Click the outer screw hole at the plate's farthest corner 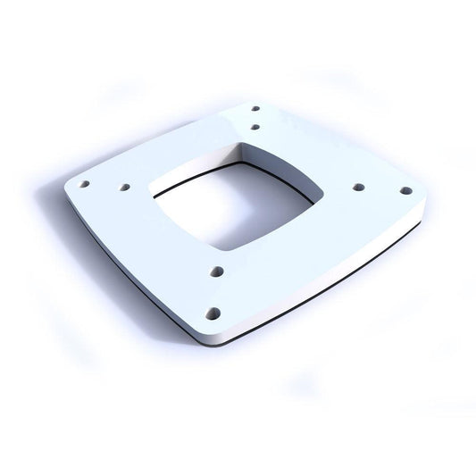tap(255, 110)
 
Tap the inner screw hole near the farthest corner tap(255, 127)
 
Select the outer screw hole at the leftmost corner tap(85, 186)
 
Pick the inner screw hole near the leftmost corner tap(125, 188)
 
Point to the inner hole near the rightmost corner tap(358, 188)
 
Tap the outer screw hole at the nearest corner tap(213, 313)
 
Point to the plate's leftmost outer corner tap(66, 186)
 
